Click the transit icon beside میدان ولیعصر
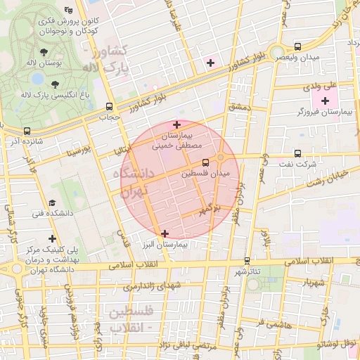pyautogui.click(x=299, y=46)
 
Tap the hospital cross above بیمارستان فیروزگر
pyautogui.click(x=324, y=101)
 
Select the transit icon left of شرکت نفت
pyautogui.click(x=298, y=153)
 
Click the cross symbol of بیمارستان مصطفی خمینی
pyautogui.click(x=176, y=124)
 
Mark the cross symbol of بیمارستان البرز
pyautogui.click(x=165, y=233)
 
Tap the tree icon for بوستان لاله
pyautogui.click(x=44, y=52)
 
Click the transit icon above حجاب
pyautogui.click(x=108, y=107)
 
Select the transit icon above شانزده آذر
pyautogui.click(x=27, y=131)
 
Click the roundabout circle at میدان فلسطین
pyautogui.click(x=221, y=156)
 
